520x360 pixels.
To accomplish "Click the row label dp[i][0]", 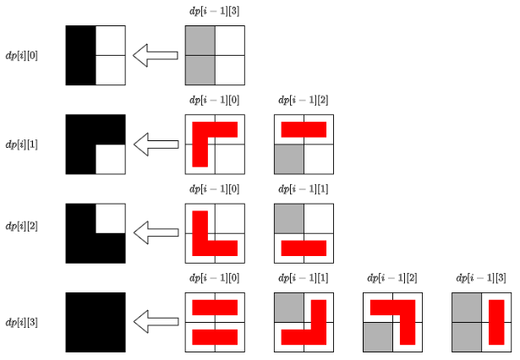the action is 22,55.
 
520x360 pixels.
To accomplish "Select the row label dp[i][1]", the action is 22,145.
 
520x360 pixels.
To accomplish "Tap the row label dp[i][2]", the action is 22,226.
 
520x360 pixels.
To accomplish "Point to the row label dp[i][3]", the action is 22,323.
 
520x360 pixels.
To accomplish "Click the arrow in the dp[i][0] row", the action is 156,56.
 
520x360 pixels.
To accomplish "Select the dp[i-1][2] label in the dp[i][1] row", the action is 304,100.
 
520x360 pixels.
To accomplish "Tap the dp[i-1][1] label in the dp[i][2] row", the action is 304,188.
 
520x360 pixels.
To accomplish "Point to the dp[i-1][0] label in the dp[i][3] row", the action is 215,277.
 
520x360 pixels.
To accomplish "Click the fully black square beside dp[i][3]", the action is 96,322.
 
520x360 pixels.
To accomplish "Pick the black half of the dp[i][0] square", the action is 80,56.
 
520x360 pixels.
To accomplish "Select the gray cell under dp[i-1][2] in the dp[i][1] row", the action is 289,159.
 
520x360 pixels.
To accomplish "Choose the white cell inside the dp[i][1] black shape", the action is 110,159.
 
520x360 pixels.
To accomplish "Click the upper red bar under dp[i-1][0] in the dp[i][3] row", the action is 215,307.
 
